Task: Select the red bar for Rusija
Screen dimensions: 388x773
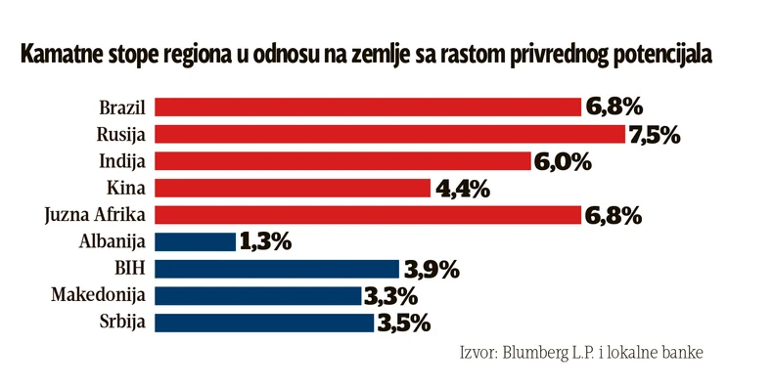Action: pos(389,134)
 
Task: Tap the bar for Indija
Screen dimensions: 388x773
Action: pos(342,160)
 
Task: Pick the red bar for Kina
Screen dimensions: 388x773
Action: pos(293,188)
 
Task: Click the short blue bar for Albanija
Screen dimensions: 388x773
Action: pos(195,241)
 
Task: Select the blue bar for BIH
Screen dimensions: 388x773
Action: pos(277,268)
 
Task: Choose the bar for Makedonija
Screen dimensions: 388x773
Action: pos(258,295)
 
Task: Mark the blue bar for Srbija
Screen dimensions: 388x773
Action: pos(264,322)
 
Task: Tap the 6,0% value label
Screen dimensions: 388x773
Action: pos(562,161)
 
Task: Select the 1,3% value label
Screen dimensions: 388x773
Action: pos(265,242)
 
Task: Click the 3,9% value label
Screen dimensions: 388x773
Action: pos(431,269)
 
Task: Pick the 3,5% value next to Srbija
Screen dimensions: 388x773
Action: pos(403,323)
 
